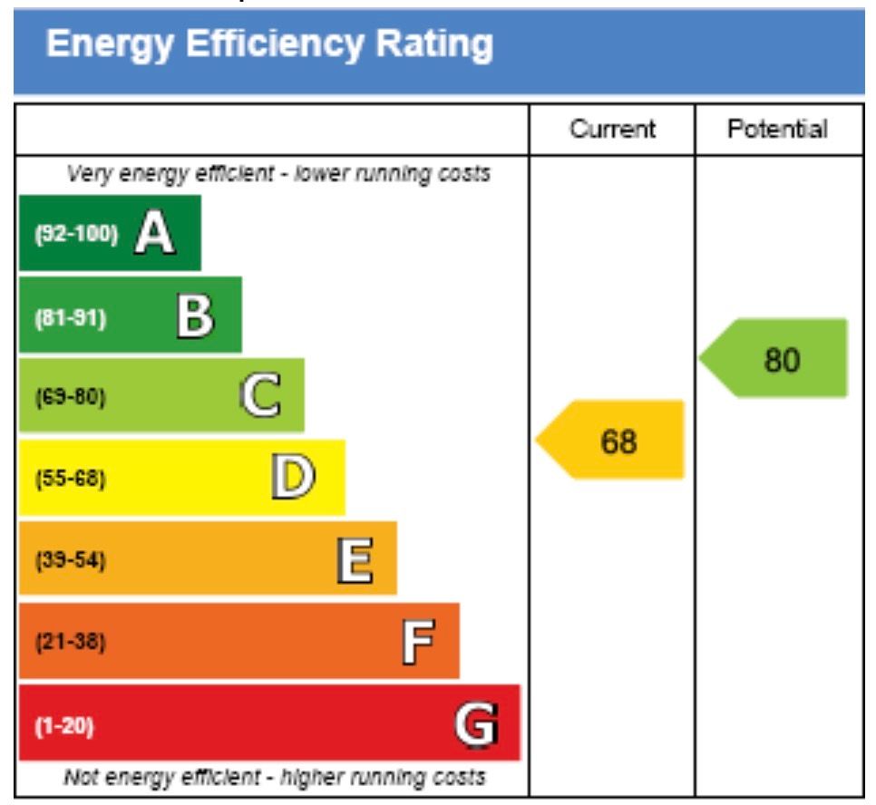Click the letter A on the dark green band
tap(154, 234)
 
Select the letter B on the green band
tap(195, 316)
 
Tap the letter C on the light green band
tap(260, 396)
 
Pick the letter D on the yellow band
tap(293, 477)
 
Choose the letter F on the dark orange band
tap(417, 642)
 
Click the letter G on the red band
tap(476, 724)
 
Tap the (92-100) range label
tap(76, 235)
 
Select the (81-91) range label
tap(70, 318)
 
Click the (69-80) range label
tap(70, 397)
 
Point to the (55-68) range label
tap(70, 479)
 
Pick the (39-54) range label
tap(70, 560)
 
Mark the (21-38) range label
tap(70, 643)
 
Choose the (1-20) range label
tap(63, 726)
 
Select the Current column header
tap(612, 130)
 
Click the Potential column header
tap(777, 130)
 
